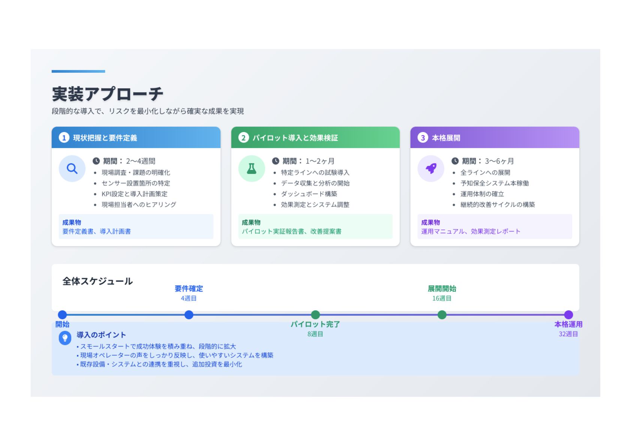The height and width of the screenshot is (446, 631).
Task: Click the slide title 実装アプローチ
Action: pyautogui.click(x=108, y=94)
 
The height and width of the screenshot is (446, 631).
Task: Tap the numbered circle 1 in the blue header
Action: pyautogui.click(x=64, y=138)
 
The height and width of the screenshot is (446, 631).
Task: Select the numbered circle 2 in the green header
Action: pyautogui.click(x=244, y=138)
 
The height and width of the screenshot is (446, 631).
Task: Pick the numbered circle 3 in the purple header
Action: pyautogui.click(x=423, y=138)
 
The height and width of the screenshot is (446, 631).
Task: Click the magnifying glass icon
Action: pyautogui.click(x=72, y=169)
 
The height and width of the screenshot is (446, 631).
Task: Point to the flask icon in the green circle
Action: pyautogui.click(x=251, y=169)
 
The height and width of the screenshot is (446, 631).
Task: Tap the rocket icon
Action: pyautogui.click(x=431, y=169)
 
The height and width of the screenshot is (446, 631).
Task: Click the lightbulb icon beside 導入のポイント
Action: pyautogui.click(x=65, y=338)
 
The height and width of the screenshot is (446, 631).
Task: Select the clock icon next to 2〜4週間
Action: pyautogui.click(x=96, y=161)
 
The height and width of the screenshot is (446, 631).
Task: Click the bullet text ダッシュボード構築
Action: pyautogui.click(x=309, y=194)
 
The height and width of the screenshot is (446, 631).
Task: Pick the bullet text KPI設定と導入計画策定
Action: pyautogui.click(x=135, y=194)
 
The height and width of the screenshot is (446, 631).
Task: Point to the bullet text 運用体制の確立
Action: pyautogui.click(x=482, y=194)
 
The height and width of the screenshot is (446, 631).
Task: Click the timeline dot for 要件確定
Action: pyautogui.click(x=189, y=315)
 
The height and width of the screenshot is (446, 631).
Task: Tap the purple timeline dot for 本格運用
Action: pyautogui.click(x=568, y=315)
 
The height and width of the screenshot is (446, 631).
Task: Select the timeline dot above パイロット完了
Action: pyautogui.click(x=315, y=315)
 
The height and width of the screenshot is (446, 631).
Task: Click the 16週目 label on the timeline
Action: pyautogui.click(x=442, y=298)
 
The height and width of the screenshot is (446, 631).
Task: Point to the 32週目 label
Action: pyautogui.click(x=568, y=334)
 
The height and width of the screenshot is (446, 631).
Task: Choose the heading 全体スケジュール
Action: pyautogui.click(x=97, y=281)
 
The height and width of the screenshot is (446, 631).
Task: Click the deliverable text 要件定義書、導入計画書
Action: pyautogui.click(x=97, y=231)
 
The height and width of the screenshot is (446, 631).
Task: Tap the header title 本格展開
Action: pyautogui.click(x=446, y=138)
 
